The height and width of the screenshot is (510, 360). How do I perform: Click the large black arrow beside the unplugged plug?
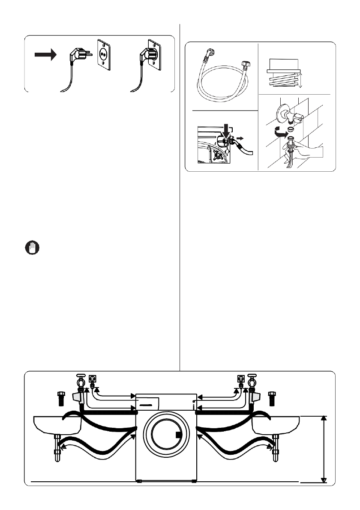(x=45, y=55)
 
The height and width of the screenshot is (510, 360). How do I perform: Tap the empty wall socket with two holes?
(x=103, y=55)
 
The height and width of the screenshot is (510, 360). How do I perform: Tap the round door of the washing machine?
(x=166, y=436)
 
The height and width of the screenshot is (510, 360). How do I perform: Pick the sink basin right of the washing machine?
(x=276, y=424)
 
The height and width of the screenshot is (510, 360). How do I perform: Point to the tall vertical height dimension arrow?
(x=324, y=449)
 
